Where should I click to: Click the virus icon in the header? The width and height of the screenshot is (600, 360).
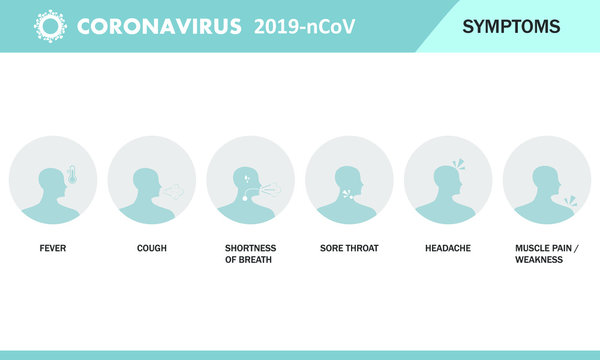pyautogui.click(x=47, y=25)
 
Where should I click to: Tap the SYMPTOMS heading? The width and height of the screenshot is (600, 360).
pyautogui.click(x=511, y=26)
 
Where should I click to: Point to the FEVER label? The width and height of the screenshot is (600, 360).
pyautogui.click(x=52, y=247)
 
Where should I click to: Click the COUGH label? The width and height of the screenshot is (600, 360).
pyautogui.click(x=151, y=247)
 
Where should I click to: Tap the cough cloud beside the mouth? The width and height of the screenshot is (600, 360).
pyautogui.click(x=174, y=188)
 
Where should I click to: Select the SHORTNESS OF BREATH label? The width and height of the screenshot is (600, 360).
pyautogui.click(x=250, y=253)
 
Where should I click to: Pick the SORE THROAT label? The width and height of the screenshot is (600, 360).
pyautogui.click(x=349, y=247)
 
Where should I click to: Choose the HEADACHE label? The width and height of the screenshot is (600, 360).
pyautogui.click(x=447, y=247)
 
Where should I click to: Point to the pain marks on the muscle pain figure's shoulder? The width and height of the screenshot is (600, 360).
pyautogui.click(x=570, y=201)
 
